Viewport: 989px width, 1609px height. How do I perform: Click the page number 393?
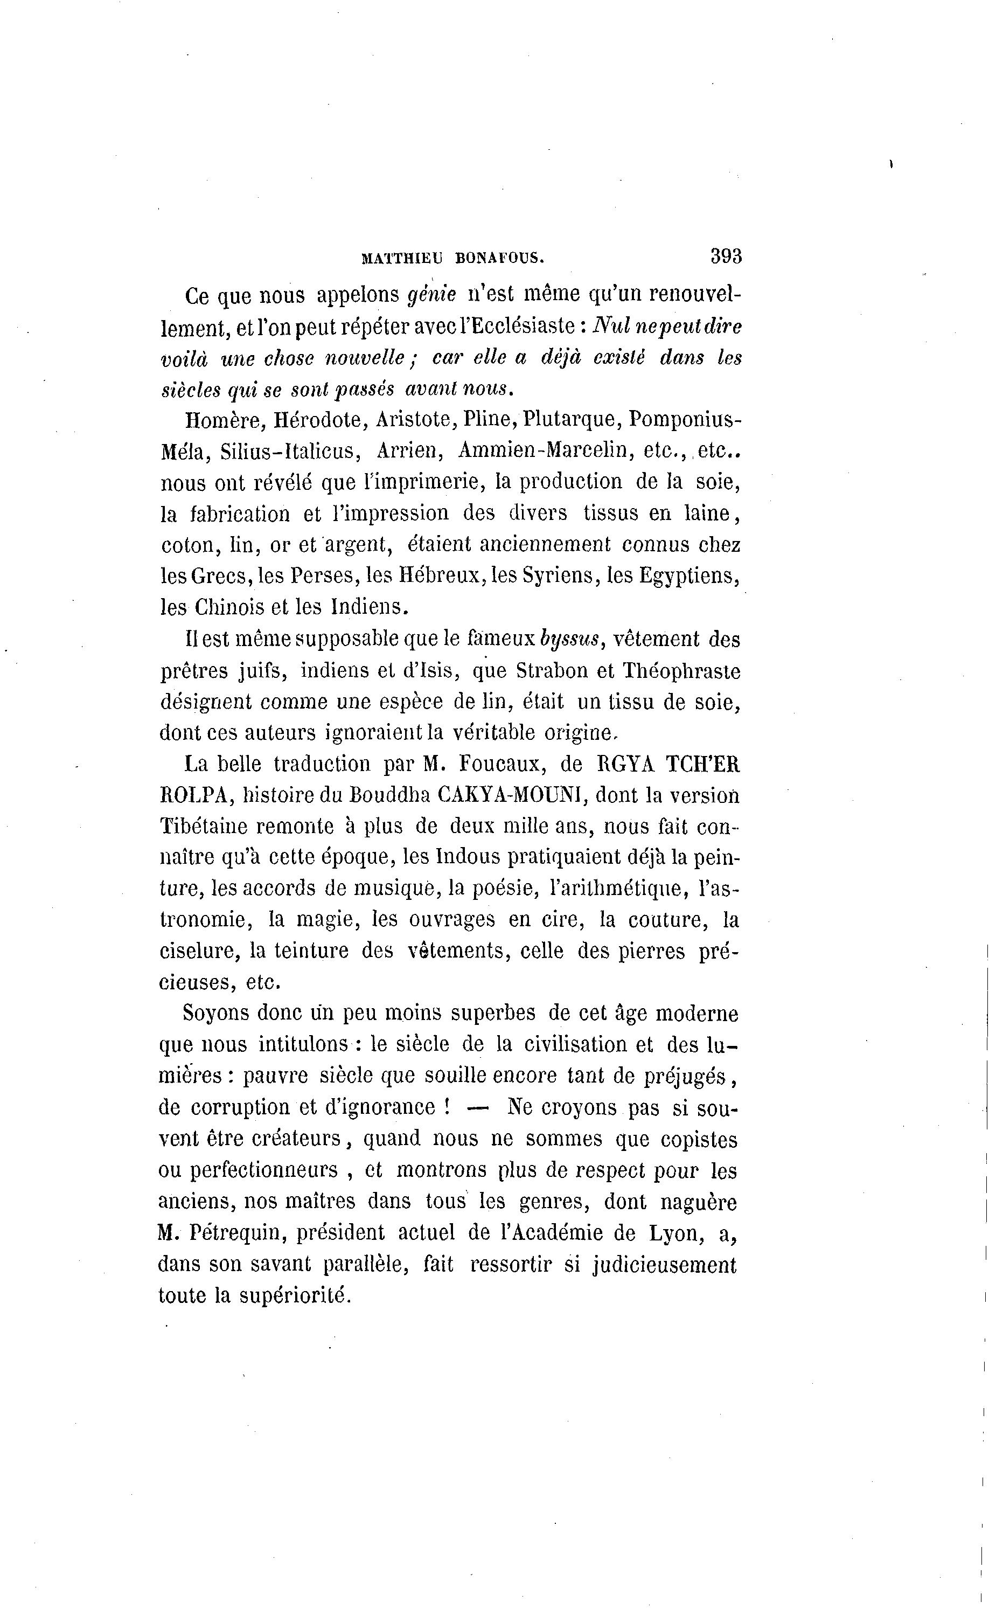(x=726, y=256)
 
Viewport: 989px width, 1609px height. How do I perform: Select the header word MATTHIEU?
(x=402, y=259)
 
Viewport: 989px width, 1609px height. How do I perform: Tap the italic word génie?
(x=431, y=296)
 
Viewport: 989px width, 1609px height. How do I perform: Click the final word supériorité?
(x=296, y=1295)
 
